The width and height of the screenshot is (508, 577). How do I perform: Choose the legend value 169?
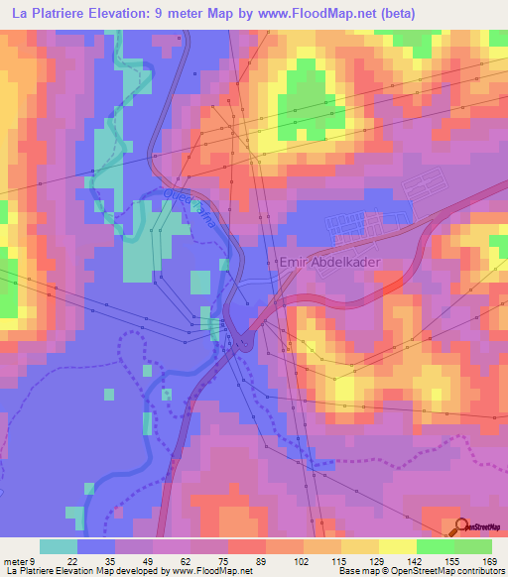(x=488, y=562)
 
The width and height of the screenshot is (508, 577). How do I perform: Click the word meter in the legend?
(x=16, y=562)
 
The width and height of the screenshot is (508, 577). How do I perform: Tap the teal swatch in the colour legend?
(x=59, y=546)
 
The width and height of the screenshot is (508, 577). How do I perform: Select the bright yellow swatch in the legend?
(x=397, y=546)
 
